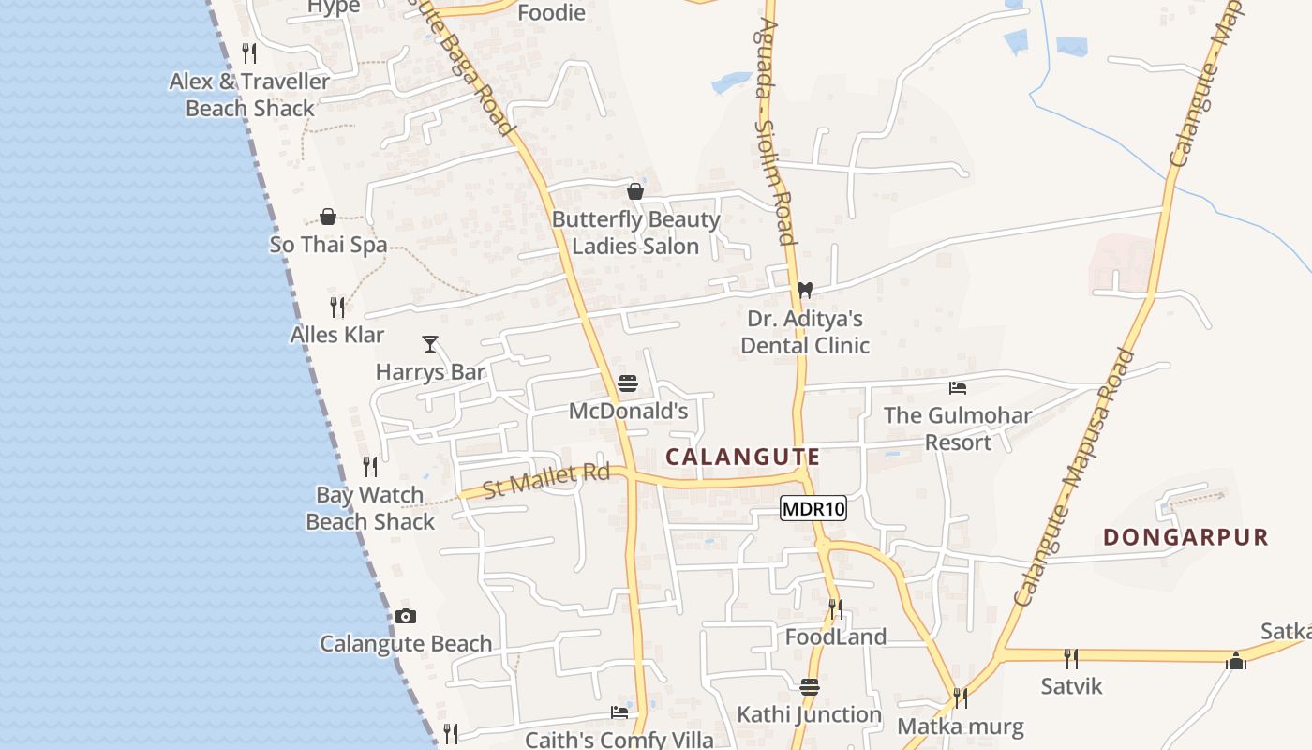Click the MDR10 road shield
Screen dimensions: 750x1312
click(813, 509)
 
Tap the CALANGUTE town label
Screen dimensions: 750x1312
click(743, 457)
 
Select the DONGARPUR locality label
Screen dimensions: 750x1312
click(1185, 538)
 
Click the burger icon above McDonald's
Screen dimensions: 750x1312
click(628, 383)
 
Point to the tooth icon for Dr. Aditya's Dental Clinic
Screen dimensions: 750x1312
click(804, 290)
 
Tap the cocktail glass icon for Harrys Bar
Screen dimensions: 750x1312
click(430, 344)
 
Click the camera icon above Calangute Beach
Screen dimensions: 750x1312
click(406, 616)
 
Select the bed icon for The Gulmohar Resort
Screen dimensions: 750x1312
click(958, 387)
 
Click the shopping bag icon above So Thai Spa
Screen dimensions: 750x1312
click(328, 217)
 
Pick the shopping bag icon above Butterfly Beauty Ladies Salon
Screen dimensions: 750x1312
click(635, 191)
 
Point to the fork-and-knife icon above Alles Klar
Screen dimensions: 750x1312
click(337, 307)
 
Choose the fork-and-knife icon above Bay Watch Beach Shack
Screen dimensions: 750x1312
click(370, 466)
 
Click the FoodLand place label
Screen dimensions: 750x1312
click(836, 637)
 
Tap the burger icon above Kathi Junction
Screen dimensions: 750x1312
click(810, 687)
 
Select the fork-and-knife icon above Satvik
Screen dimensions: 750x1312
click(1071, 659)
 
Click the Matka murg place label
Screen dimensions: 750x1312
click(961, 727)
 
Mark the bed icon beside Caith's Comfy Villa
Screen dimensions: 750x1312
click(619, 712)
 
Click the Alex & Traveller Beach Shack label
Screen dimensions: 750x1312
click(249, 95)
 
